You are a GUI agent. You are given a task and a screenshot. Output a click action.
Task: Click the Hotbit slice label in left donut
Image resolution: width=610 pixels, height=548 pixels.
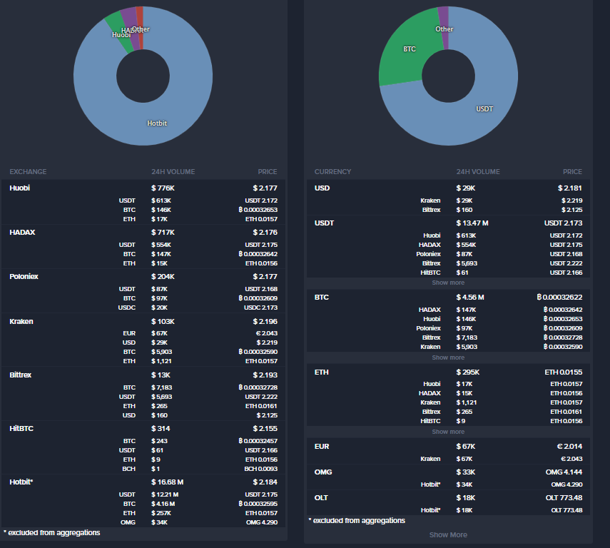pyautogui.click(x=157, y=123)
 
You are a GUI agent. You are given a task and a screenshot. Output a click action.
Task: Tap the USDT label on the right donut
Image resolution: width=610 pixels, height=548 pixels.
pyautogui.click(x=484, y=109)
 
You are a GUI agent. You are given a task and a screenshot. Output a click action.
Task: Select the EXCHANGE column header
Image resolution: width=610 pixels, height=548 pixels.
pyautogui.click(x=28, y=172)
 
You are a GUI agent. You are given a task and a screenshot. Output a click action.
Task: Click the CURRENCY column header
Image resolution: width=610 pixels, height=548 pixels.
pyautogui.click(x=332, y=172)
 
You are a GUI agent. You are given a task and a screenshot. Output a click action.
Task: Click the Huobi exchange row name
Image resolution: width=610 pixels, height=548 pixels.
pyautogui.click(x=20, y=188)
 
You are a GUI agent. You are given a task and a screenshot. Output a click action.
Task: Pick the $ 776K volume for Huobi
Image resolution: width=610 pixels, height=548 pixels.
pyautogui.click(x=163, y=188)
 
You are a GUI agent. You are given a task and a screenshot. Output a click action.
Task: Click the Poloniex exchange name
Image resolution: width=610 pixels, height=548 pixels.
pyautogui.click(x=24, y=276)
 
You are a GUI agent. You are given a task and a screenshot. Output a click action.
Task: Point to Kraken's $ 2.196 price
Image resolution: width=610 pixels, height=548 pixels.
pyautogui.click(x=264, y=321)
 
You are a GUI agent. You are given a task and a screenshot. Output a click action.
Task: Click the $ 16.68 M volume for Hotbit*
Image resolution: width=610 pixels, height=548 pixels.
pyautogui.click(x=168, y=482)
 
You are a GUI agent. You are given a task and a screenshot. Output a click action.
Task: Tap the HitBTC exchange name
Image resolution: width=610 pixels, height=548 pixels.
pyautogui.click(x=21, y=428)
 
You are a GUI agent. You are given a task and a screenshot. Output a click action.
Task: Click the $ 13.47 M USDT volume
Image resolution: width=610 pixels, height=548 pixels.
pyautogui.click(x=472, y=223)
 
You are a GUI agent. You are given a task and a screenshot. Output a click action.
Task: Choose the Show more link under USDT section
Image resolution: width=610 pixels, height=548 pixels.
pyautogui.click(x=448, y=283)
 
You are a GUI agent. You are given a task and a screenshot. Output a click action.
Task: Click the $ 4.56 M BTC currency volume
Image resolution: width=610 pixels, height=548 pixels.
pyautogui.click(x=470, y=297)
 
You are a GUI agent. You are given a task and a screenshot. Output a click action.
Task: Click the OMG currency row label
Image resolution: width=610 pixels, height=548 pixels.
pyautogui.click(x=323, y=472)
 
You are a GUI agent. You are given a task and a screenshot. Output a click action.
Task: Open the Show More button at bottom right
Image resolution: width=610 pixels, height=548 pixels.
pyautogui.click(x=448, y=534)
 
